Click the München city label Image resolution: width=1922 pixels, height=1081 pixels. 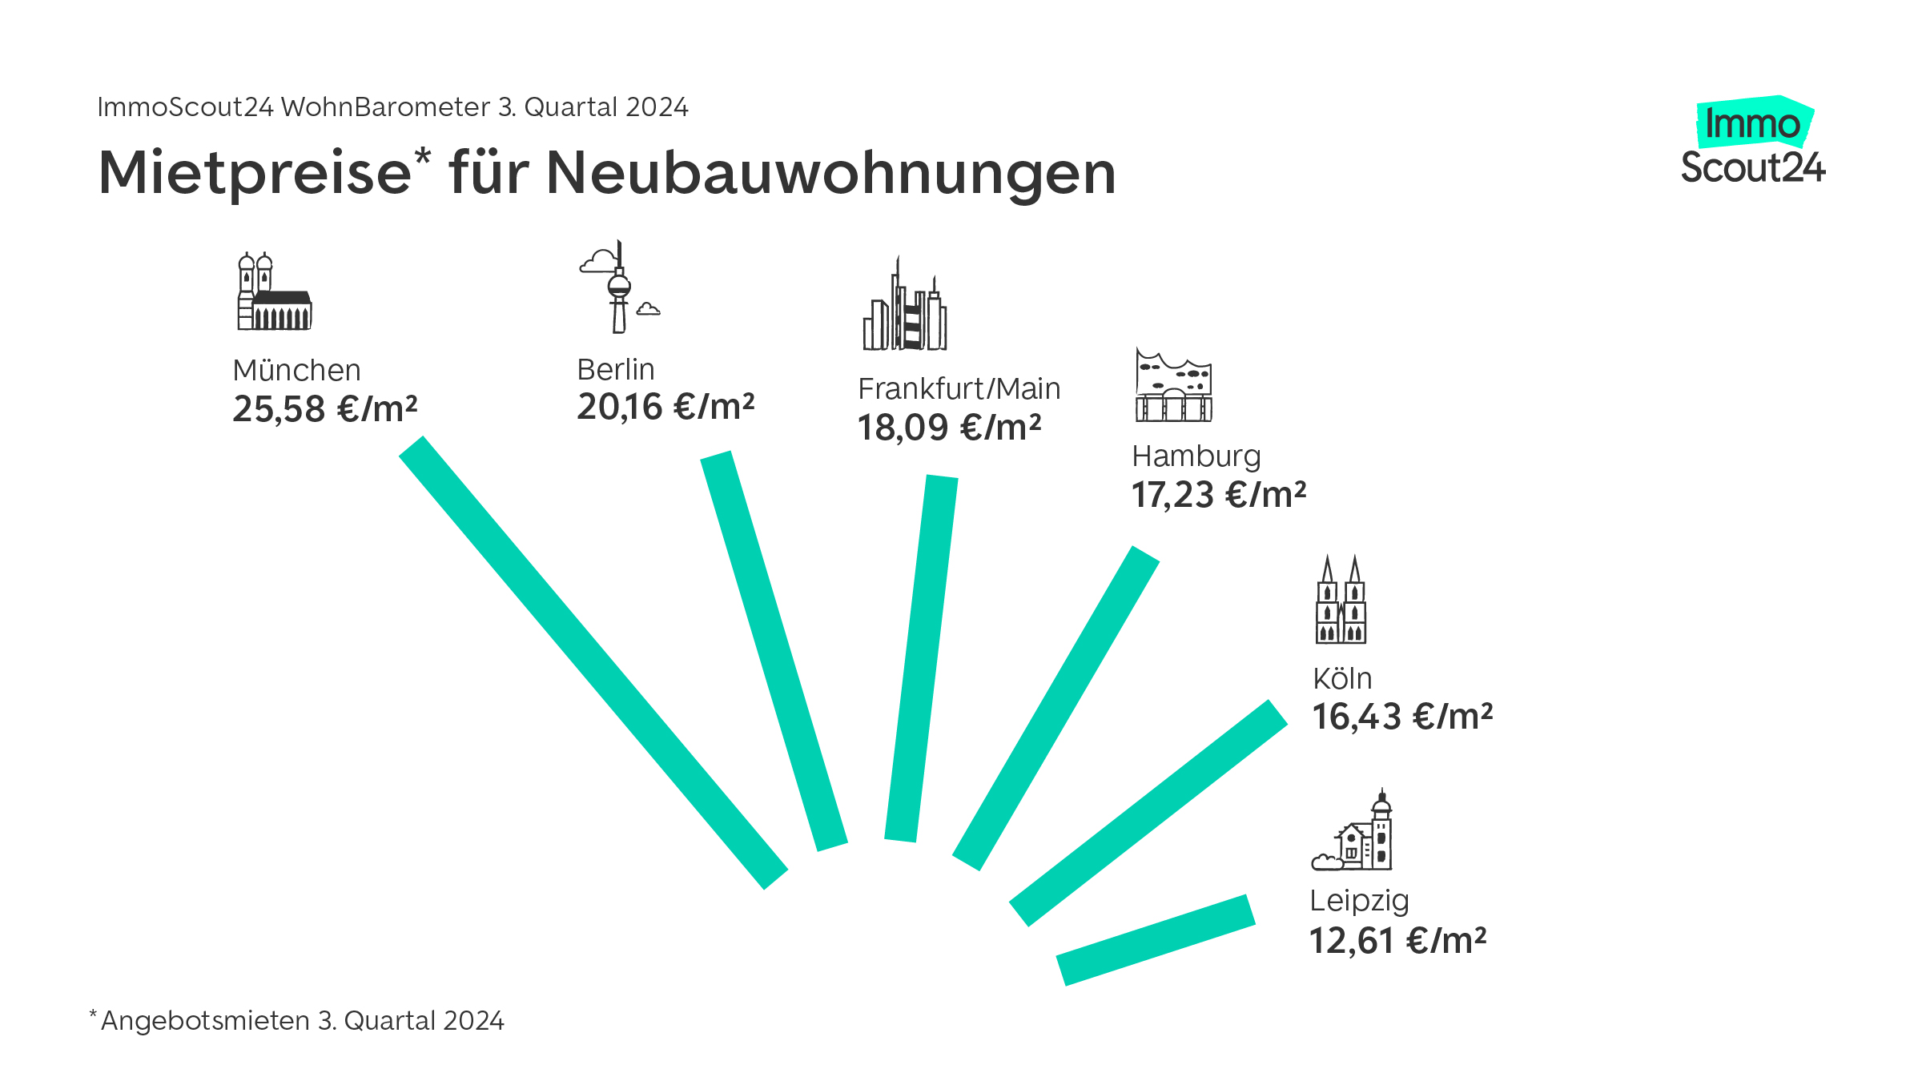296,371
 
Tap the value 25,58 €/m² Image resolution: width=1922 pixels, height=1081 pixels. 325,409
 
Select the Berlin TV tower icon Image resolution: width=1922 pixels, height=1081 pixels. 618,288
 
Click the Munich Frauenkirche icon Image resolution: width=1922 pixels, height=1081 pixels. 274,292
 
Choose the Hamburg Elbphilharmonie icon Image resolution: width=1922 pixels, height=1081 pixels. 1173,386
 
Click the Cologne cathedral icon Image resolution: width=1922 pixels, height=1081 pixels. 1341,601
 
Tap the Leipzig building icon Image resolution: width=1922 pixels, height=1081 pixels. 1353,833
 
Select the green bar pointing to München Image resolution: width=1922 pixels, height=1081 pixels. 593,662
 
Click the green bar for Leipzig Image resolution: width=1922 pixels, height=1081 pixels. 1156,940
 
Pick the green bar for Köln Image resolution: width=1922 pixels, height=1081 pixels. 1148,813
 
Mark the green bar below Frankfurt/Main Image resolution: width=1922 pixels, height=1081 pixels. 921,658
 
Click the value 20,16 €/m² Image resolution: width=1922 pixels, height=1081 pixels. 665,407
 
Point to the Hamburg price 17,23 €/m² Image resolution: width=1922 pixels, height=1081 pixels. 1218,495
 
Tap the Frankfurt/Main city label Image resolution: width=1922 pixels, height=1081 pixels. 959,389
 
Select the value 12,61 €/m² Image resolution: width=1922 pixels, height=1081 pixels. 1397,941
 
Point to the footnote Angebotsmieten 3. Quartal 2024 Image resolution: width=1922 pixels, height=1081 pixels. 301,1021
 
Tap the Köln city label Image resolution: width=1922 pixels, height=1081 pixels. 1342,679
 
